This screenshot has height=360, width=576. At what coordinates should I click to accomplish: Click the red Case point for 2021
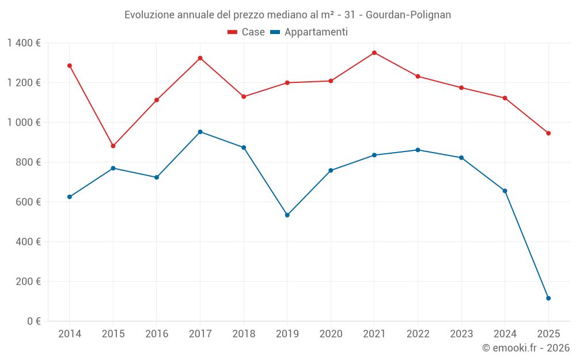pos(374,53)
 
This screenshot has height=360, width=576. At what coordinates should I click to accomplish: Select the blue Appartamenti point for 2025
pos(548,298)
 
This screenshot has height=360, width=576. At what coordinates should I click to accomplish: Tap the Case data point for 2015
pos(113,146)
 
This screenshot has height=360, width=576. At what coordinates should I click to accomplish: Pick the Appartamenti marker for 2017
pos(200,132)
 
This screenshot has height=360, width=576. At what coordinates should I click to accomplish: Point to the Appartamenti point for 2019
pos(287,215)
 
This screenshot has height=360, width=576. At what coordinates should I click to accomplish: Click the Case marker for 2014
pos(70,66)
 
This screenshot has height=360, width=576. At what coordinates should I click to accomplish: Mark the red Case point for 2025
pos(548,133)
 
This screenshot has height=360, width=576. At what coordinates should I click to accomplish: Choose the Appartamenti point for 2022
pos(418,150)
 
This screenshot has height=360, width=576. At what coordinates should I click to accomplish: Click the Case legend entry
pos(247,32)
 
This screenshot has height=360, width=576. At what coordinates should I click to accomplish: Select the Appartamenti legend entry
pos(309,32)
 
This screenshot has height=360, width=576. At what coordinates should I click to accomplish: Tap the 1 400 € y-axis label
pos(24,43)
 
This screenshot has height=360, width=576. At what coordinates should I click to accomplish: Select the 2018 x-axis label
pos(244,334)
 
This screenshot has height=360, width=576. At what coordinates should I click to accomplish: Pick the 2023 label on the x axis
pos(461,334)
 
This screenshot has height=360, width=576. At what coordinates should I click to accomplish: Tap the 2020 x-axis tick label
pos(331,334)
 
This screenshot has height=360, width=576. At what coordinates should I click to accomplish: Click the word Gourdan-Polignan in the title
pos(408,14)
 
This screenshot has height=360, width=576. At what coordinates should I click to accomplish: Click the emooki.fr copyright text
pos(526,348)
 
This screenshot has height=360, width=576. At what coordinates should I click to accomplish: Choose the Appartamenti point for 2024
pos(505,191)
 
